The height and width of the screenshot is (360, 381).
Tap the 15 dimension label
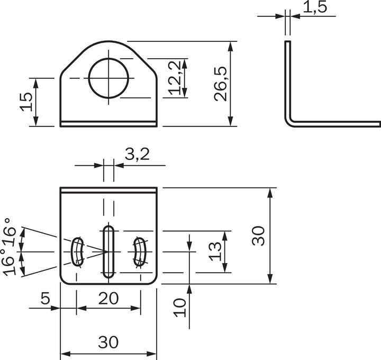pos(26,102)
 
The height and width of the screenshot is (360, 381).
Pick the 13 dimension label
pos(215,251)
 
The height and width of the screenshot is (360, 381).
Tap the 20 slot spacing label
pos(108,299)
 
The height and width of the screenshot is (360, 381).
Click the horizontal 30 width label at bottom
pos(108,343)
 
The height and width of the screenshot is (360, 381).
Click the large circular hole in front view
pos(109,78)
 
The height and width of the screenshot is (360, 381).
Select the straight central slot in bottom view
pos(108,251)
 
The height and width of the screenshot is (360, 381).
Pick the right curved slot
pos(140,251)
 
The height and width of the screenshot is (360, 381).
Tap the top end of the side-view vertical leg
pos(287,41)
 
